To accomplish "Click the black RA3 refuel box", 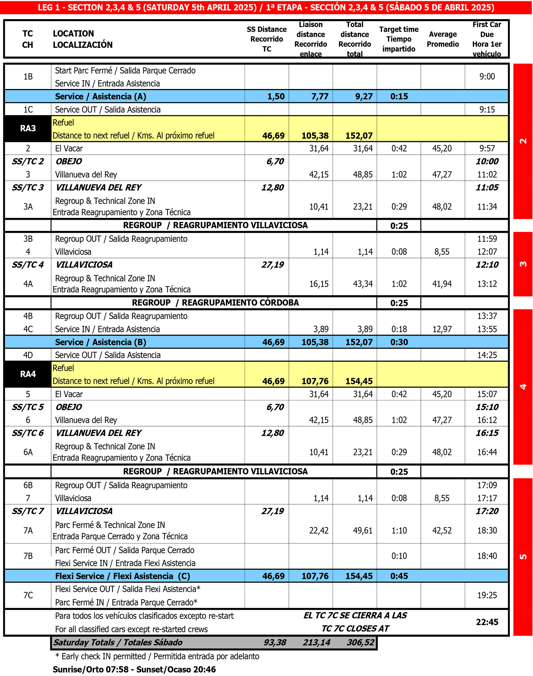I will point(28,128).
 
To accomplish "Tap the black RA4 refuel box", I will point(28,374).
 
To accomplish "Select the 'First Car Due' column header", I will point(486,39).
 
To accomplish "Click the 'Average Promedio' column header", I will point(442,39).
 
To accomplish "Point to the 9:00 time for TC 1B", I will point(487,76).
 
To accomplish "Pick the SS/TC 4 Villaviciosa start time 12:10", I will point(487,265).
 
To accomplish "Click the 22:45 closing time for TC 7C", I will point(487,622).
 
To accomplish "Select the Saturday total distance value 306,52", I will point(360,642).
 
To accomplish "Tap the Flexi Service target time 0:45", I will point(399,576).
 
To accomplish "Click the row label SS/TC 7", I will point(28,511).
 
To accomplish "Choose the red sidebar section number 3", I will point(523,264).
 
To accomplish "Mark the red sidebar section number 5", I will point(523,556).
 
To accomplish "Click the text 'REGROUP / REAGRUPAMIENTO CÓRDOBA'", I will point(215,303).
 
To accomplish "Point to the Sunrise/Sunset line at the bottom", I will point(134,669).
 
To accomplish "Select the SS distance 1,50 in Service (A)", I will point(276,96).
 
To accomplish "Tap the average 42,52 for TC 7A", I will point(442,531).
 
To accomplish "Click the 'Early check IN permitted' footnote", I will point(157,656).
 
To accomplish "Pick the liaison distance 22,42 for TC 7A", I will point(319,531).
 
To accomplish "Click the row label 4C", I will point(28,329).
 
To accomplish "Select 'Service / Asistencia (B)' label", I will point(100,342).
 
